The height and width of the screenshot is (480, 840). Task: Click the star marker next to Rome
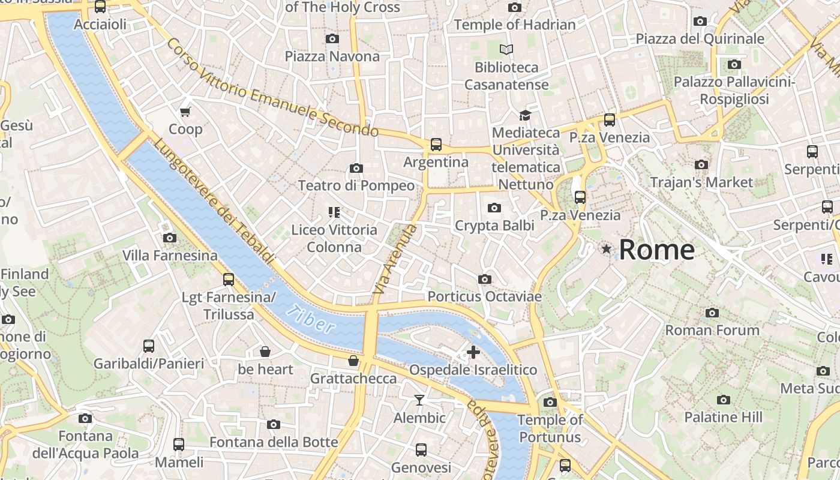pos(607,248)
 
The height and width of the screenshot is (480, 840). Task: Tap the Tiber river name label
pos(310,319)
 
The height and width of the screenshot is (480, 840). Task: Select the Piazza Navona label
pos(332,56)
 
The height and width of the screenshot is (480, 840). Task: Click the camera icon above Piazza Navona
pos(332,39)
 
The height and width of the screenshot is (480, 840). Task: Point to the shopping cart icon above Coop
pos(185,112)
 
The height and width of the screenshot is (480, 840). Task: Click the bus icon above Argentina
pos(436,145)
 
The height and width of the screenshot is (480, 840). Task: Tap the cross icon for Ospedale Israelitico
pos(473,352)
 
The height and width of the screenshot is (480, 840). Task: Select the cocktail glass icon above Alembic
pos(419,400)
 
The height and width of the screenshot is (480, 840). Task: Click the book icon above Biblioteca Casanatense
pos(507,49)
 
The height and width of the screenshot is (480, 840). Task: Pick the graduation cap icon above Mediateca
pos(526,115)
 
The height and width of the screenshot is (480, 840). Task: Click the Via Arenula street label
pos(394,259)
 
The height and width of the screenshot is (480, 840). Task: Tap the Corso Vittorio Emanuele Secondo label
pos(272,88)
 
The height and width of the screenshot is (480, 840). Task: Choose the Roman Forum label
pos(712,330)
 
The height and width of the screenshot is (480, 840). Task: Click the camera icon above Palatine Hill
pos(724,400)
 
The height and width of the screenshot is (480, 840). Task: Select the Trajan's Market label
pos(701,182)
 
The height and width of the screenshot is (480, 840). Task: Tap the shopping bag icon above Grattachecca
pos(353,361)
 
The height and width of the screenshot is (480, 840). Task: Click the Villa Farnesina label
pos(170,256)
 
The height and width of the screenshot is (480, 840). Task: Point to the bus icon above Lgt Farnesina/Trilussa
pos(229,279)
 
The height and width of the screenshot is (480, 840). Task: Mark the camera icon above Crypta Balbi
pos(494,208)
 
